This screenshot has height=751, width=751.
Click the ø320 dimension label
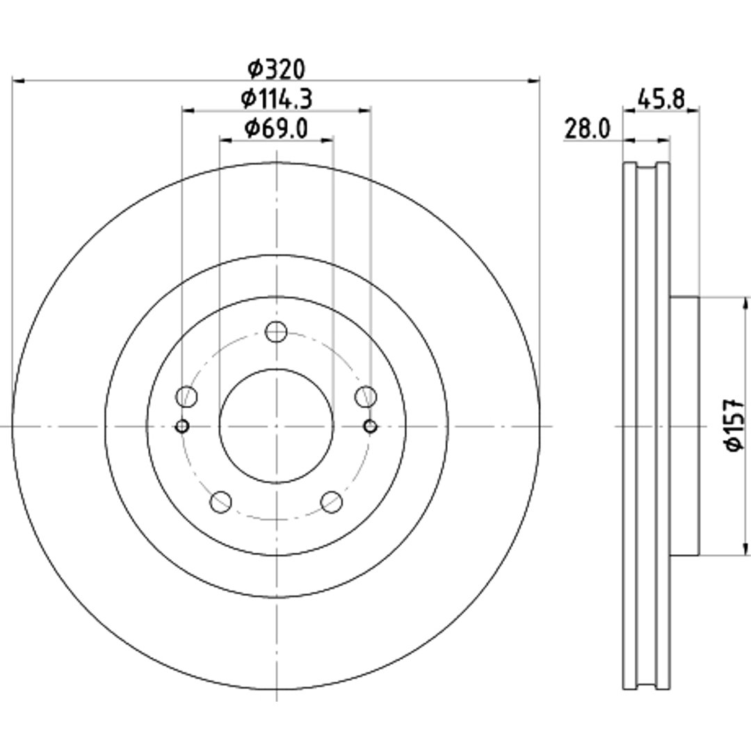(276, 70)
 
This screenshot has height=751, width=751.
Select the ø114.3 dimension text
(276, 99)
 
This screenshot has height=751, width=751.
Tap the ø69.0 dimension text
(276, 128)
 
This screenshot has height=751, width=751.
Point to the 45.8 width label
(661, 99)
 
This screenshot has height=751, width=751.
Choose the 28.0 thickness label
(588, 129)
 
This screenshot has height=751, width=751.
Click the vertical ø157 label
(735, 425)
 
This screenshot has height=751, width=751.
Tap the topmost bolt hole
(276, 332)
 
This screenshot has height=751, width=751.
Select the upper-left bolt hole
(187, 396)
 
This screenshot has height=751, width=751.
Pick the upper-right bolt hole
(366, 396)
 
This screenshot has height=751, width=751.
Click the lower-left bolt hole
(221, 501)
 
